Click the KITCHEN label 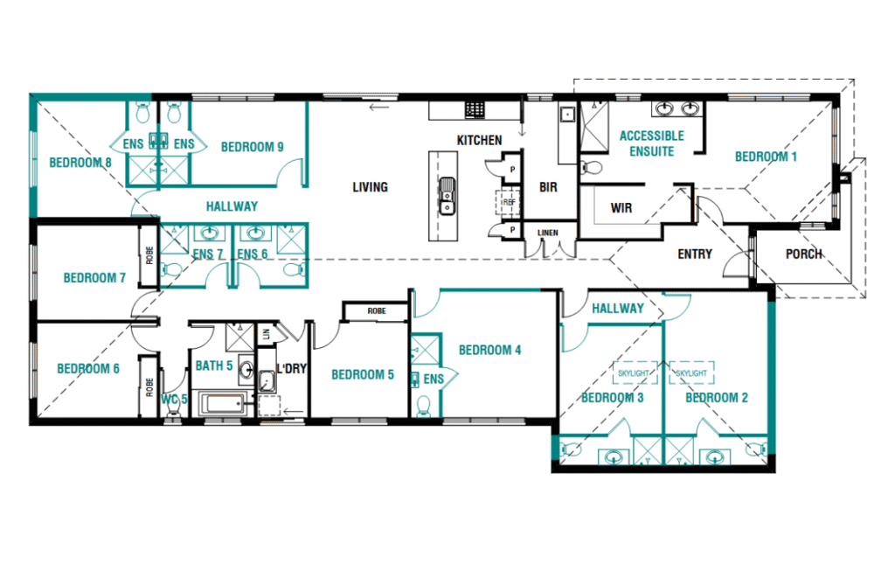pos(480,140)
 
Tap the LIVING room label pos(370,187)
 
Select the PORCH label pos(804,254)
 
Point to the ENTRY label pos(695,254)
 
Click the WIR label pos(621,208)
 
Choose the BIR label pos(548,187)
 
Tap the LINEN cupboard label pos(547,233)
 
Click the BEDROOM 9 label pos(253,147)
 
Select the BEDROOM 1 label pos(766,157)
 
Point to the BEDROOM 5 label pos(363,374)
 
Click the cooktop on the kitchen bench pos(475,109)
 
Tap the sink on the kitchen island pos(447,196)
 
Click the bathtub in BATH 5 pos(223,404)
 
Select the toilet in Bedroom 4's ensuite pos(424,407)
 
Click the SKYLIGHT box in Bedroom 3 pos(634,373)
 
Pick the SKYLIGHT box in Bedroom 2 pos(692,373)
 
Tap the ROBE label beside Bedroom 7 pos(149,255)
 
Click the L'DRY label pos(292,369)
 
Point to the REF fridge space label pos(508,202)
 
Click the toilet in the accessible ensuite pos(592,168)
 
